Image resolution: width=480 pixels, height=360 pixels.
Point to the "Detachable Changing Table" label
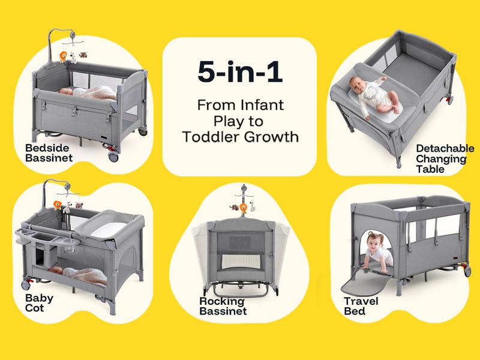click(445, 158)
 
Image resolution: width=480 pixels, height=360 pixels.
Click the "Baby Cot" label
click(39, 303)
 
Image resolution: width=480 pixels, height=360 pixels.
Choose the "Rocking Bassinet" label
click(223, 306)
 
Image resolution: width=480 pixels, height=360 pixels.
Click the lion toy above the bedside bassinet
click(63, 58)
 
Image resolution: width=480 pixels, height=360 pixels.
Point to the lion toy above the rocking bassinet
click(244, 208)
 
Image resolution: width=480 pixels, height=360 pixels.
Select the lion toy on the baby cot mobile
click(58, 204)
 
